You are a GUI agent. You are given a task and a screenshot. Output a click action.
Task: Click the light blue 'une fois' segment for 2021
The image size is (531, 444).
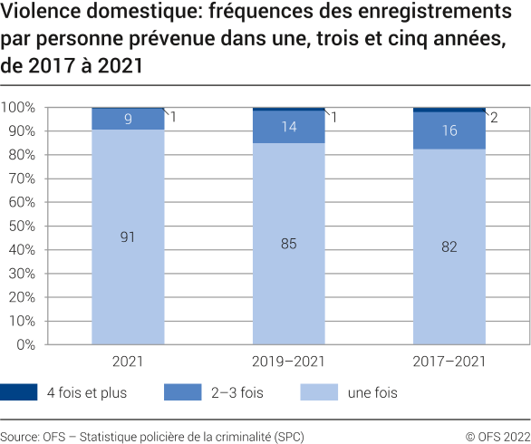pyautogui.click(x=128, y=272)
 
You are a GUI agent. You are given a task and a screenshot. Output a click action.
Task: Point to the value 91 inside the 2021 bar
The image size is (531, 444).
pyautogui.click(x=128, y=237)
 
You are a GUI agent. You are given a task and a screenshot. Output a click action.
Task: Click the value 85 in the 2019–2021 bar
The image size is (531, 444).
pyautogui.click(x=288, y=244)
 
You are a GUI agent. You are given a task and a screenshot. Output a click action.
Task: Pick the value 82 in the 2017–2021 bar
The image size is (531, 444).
pyautogui.click(x=449, y=246)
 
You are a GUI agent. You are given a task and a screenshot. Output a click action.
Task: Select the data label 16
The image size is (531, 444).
pyautogui.click(x=449, y=130)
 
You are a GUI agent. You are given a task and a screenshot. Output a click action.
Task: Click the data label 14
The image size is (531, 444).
pyautogui.click(x=288, y=127)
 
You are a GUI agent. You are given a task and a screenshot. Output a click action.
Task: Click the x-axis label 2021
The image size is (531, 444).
pyautogui.click(x=128, y=361)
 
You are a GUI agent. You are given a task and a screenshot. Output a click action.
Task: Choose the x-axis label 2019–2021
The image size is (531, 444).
pyautogui.click(x=288, y=361)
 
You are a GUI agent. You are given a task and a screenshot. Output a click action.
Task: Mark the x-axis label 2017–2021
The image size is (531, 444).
pyautogui.click(x=449, y=361)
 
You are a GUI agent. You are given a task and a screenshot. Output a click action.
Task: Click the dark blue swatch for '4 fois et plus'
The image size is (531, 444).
pyautogui.click(x=19, y=392)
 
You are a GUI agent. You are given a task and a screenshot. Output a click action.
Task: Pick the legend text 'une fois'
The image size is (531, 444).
pyautogui.click(x=372, y=392)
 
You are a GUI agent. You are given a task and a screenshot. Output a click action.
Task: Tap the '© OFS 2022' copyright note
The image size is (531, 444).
pyautogui.click(x=497, y=436)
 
